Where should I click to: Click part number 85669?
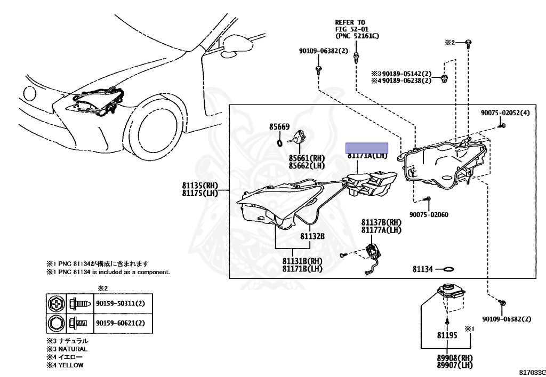pos(279,127)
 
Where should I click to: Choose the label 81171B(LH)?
pos(302,269)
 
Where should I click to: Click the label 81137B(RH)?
pos(381,222)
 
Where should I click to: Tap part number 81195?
pos(447,336)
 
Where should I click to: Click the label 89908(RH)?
pos(447,358)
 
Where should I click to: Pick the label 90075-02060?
pos(429,215)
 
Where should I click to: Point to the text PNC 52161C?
pos(357,37)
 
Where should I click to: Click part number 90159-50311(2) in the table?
pos(120,303)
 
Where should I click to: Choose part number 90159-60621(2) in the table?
pos(120,323)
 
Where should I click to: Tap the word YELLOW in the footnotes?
pos(70,365)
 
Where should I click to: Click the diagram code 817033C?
pos(531,370)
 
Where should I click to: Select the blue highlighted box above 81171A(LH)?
pos(366,148)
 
